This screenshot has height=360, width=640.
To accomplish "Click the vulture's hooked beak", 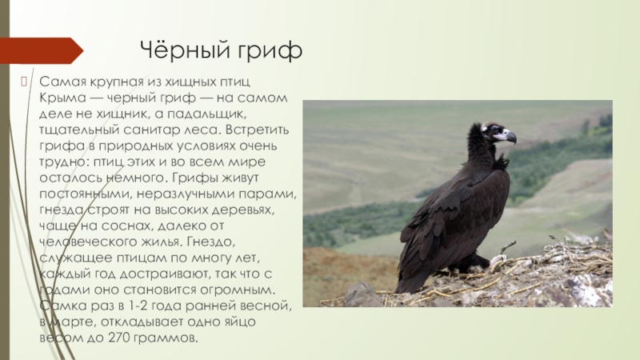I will [x=510, y=137].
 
